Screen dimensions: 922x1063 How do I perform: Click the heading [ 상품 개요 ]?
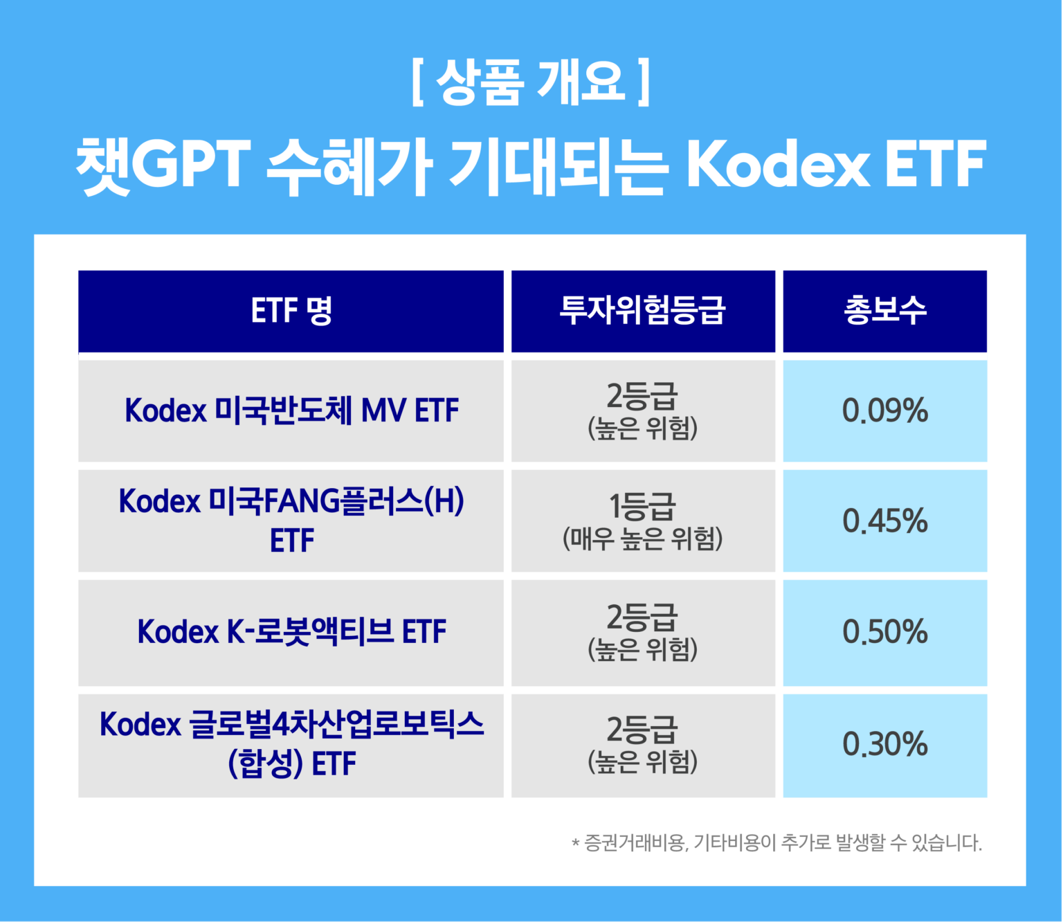[x=531, y=82]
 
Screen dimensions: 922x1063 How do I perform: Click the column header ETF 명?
[x=291, y=311]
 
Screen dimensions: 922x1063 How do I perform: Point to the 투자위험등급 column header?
[x=642, y=311]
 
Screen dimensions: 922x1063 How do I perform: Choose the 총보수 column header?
[x=884, y=311]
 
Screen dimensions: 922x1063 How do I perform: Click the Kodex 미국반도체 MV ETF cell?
[x=291, y=410]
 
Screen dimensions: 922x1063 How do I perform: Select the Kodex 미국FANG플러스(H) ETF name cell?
[x=291, y=520]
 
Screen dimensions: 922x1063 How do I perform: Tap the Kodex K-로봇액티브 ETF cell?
[x=291, y=632]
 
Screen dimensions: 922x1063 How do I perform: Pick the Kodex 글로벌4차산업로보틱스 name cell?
[x=291, y=744]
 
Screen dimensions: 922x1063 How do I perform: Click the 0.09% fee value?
[x=884, y=410]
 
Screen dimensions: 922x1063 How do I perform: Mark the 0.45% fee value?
[x=884, y=521]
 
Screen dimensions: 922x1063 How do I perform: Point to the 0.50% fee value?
[x=884, y=632]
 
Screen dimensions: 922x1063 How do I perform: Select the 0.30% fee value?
[x=884, y=744]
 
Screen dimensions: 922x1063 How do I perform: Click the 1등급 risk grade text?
[x=642, y=507]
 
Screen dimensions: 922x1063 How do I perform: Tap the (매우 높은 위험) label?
[x=642, y=539]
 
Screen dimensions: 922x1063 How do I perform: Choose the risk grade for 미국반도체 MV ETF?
[x=642, y=410]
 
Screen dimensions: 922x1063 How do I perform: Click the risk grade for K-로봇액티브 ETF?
[x=642, y=632]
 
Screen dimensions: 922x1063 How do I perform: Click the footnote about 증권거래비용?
[x=776, y=843]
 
